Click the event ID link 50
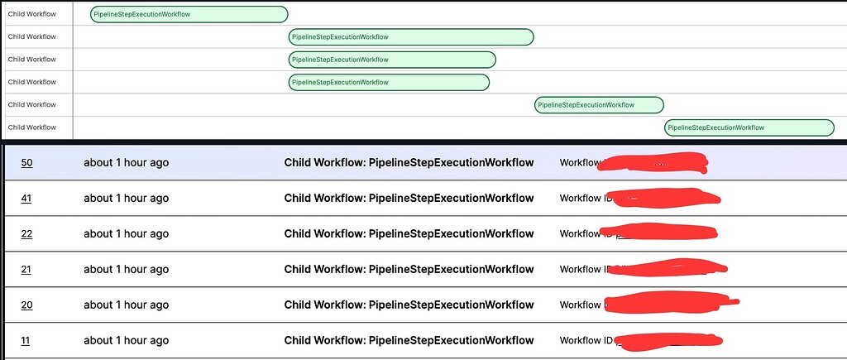[26, 163]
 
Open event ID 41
[26, 199]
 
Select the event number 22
[26, 234]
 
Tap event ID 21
[26, 270]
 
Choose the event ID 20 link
[26, 305]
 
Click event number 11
[26, 341]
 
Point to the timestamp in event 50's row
[126, 163]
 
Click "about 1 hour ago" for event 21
[126, 270]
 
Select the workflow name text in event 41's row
[409, 199]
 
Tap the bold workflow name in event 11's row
[409, 341]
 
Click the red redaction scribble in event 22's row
[658, 233]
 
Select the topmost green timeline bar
[189, 14]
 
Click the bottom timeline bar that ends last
[749, 127]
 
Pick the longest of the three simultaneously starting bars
[410, 37]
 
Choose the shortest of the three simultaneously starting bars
[389, 82]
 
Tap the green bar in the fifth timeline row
[599, 105]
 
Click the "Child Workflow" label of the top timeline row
[32, 14]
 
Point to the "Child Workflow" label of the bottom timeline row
[32, 127]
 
